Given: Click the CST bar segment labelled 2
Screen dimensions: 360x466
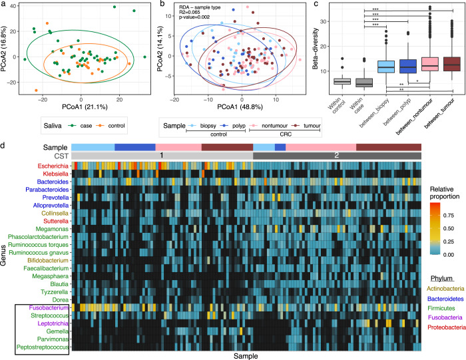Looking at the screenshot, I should point(337,155).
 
